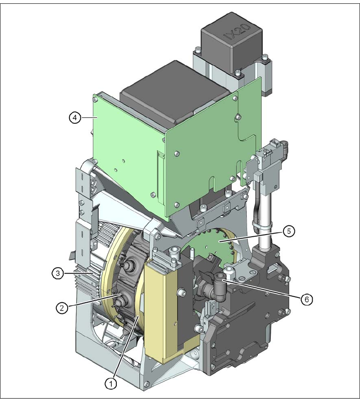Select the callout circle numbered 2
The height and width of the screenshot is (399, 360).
[62, 308]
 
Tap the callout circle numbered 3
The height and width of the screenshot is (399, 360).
[58, 273]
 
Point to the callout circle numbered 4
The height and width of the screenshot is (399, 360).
[74, 118]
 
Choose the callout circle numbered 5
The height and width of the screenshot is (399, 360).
[289, 231]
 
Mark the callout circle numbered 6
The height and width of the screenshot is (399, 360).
[307, 300]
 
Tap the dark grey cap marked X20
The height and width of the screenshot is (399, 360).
[231, 41]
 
